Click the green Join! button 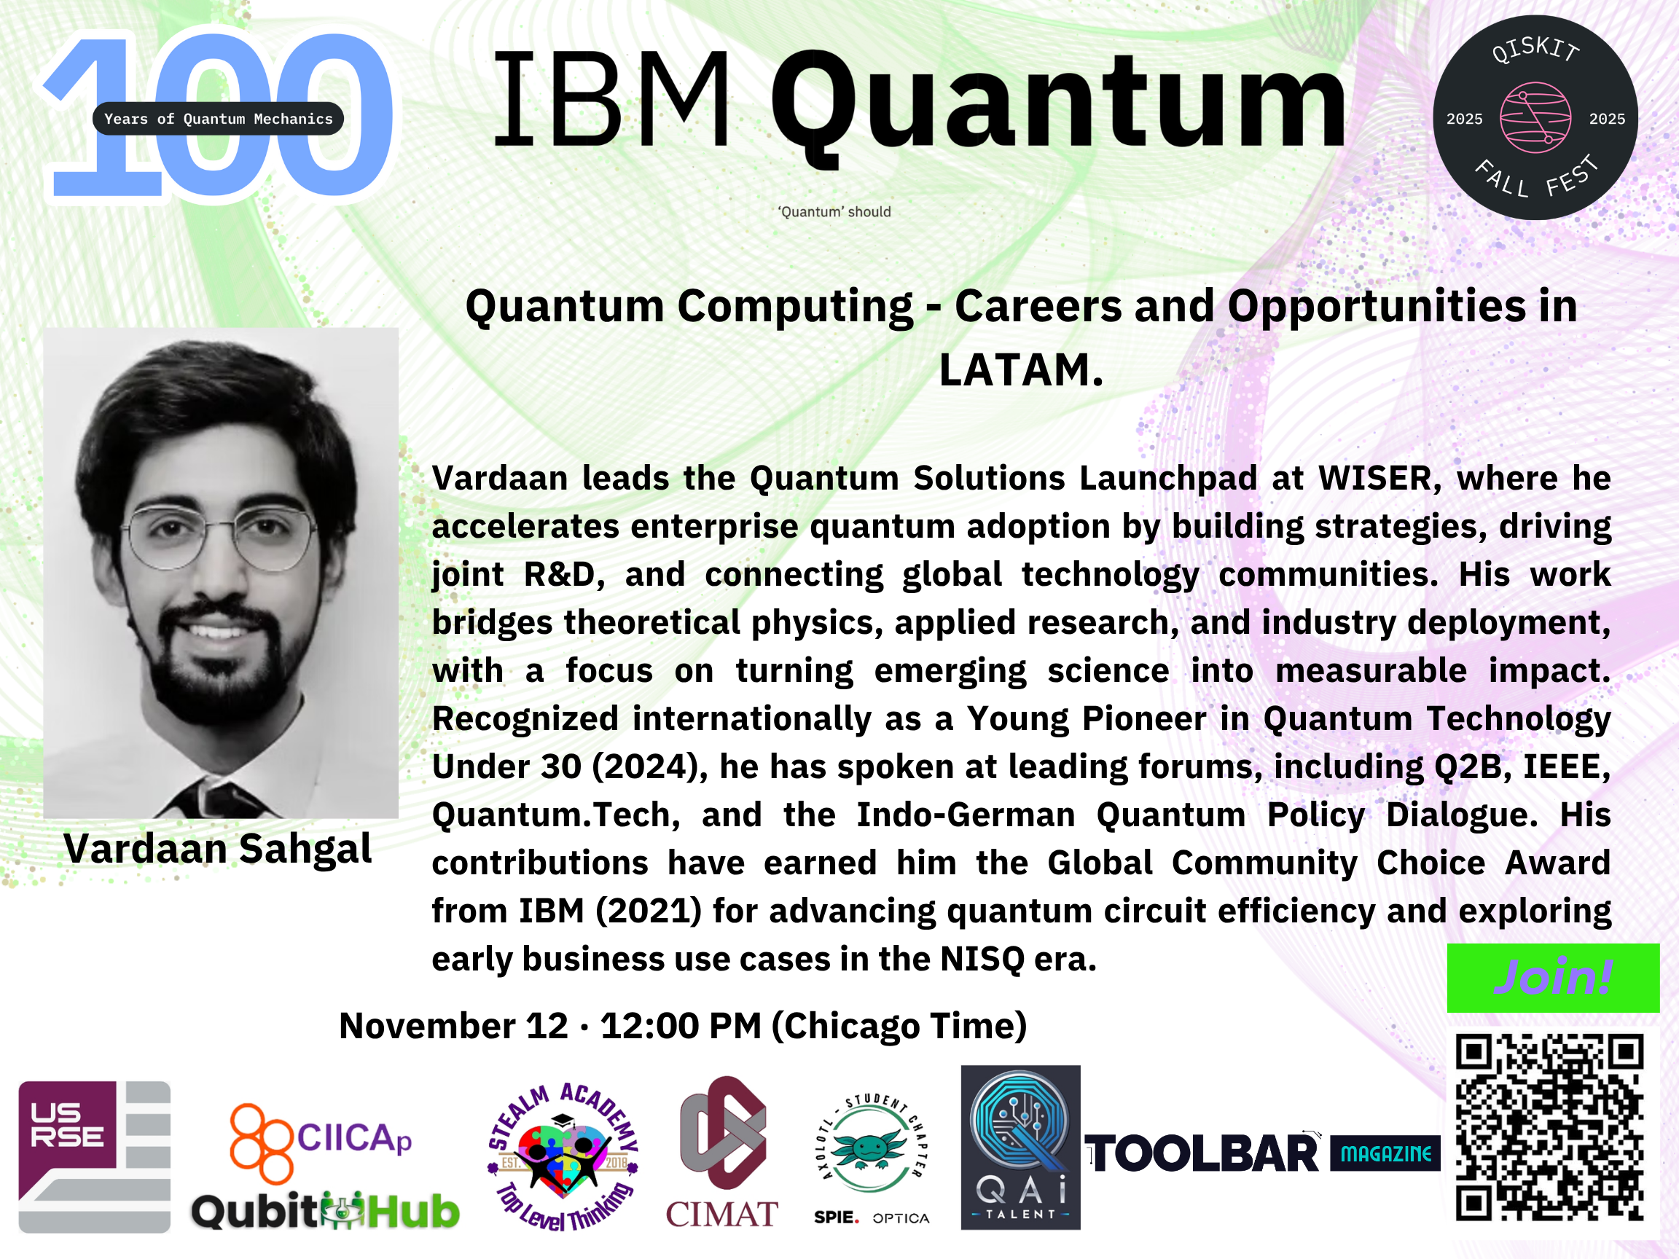[1553, 978]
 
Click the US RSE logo [94, 1156]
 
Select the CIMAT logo [722, 1152]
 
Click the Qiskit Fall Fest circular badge [1535, 117]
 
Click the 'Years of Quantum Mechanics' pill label [218, 118]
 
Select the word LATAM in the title [1021, 369]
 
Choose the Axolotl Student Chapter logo [872, 1153]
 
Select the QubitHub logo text [325, 1210]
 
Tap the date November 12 [453, 1026]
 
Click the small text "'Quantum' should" [834, 212]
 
